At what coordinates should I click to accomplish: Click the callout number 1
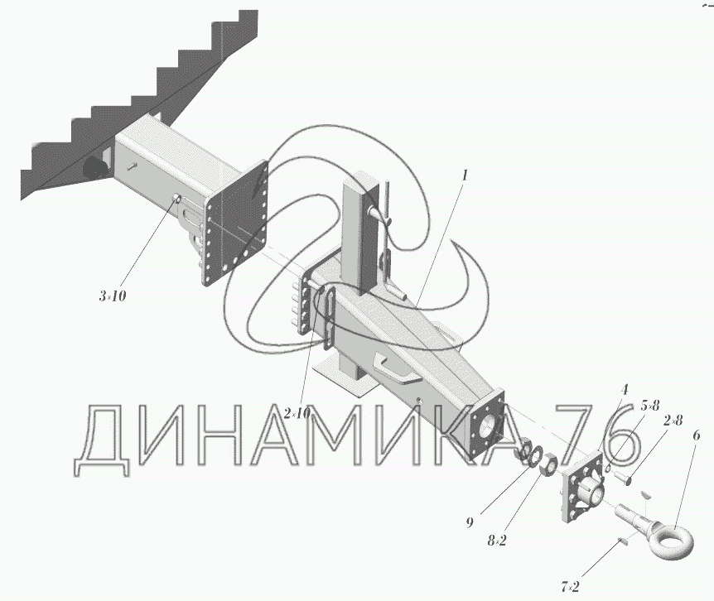466,175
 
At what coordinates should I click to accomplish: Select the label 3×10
112,296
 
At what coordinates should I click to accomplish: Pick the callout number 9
469,522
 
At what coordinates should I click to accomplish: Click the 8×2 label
499,541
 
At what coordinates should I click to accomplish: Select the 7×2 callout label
570,587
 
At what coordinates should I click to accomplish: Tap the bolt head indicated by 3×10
176,198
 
